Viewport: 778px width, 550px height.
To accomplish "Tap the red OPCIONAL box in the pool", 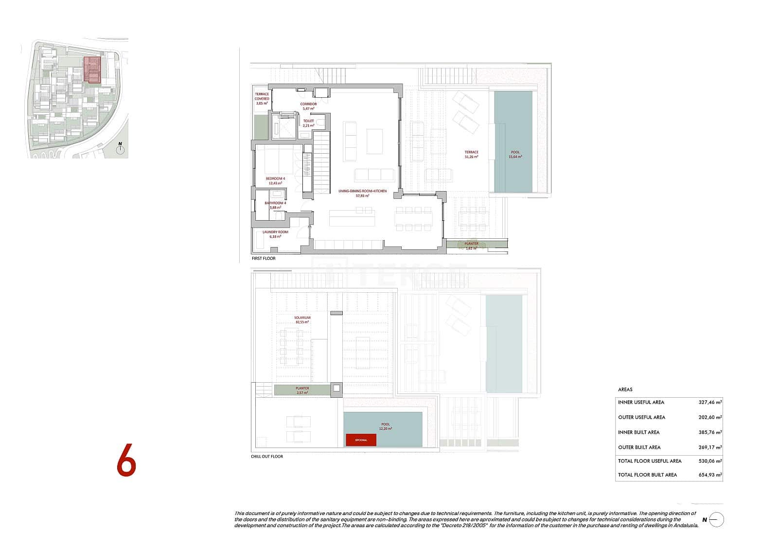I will (361, 440).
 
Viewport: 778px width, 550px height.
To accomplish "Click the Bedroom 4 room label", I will (275, 181).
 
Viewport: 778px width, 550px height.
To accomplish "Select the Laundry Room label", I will (275, 234).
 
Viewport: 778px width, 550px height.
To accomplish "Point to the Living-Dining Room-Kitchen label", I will (362, 193).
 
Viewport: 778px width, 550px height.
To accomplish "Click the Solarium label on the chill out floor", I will (302, 319).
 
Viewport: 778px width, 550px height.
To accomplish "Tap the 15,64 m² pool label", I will (514, 155).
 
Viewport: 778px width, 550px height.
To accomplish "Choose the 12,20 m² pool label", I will (386, 426).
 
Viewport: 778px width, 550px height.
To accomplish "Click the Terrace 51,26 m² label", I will (471, 155).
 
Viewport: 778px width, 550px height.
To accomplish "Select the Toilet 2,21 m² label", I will (308, 123).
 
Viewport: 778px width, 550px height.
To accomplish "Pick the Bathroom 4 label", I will (275, 205).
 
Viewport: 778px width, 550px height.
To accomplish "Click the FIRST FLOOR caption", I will (264, 258).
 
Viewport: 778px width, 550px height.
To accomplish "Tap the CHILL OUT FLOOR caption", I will (267, 456).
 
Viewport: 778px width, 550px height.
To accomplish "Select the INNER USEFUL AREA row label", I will (641, 402).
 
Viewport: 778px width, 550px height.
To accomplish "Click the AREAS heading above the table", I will (625, 390).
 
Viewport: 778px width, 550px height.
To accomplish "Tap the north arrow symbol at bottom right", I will (716, 520).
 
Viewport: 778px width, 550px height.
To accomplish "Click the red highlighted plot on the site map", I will (92, 69).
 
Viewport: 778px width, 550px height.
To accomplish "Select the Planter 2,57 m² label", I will (302, 390).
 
